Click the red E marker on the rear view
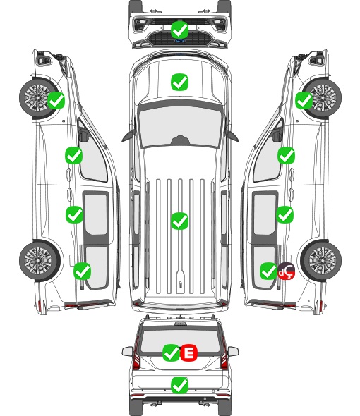188,353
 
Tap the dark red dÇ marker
286,271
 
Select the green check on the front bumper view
179,30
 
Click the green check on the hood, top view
179,82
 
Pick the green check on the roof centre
179,221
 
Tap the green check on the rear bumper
179,385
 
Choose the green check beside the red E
171,353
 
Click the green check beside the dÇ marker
268,271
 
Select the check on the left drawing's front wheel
56,100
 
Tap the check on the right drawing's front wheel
304,100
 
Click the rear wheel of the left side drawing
40,260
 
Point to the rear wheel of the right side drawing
321,260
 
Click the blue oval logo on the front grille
180,41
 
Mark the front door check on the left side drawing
74,155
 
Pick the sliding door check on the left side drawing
74,214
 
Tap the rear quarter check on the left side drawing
83,271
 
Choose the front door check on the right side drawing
286,155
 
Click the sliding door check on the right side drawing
284,214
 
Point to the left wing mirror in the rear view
128,351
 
